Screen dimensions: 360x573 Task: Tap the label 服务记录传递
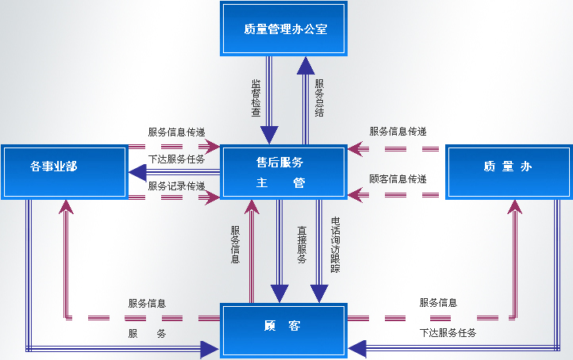click(176, 186)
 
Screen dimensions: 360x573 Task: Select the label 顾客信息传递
click(398, 179)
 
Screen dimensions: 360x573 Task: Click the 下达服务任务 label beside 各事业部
click(176, 159)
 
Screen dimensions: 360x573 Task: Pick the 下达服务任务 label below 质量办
click(448, 333)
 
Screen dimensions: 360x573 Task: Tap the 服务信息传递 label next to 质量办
click(398, 132)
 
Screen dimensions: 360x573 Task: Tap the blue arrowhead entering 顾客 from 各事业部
click(210, 347)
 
